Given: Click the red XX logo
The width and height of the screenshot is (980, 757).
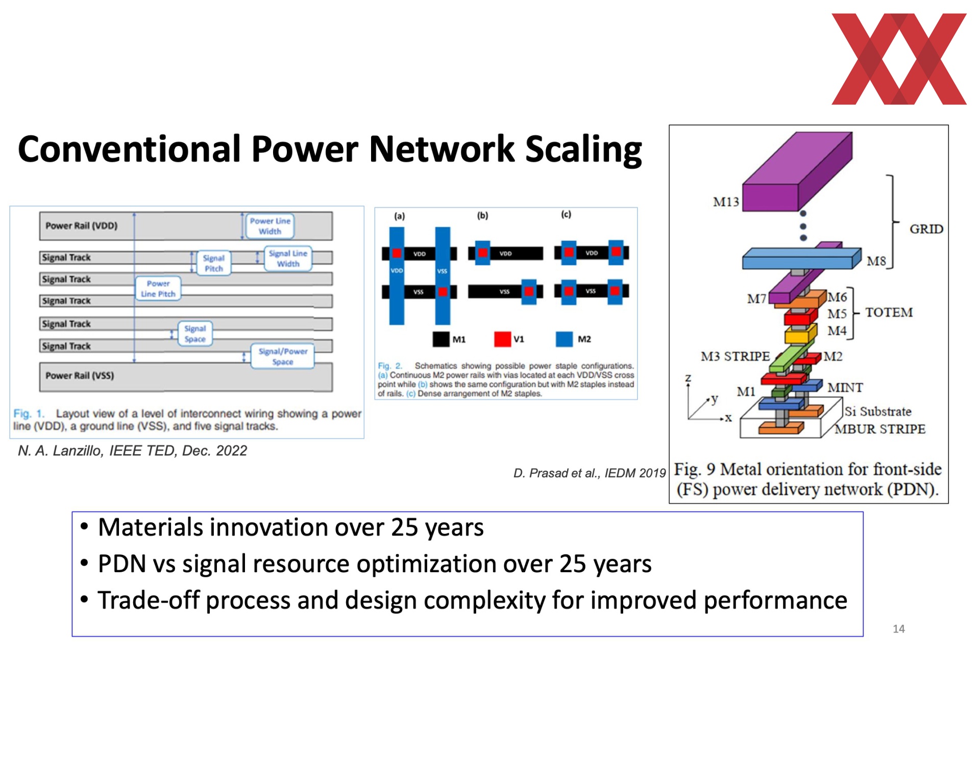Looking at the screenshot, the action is (x=899, y=59).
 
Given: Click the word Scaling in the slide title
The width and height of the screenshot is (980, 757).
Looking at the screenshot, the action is (x=583, y=150).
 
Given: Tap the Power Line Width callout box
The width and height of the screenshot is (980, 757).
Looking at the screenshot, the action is (x=269, y=226).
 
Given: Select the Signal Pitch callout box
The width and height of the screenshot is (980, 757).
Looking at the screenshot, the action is (x=213, y=263).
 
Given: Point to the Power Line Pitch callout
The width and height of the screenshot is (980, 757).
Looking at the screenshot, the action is (x=158, y=288).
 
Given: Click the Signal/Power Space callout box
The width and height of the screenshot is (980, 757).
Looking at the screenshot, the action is (x=282, y=356).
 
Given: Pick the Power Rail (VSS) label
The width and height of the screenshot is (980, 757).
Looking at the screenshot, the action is (x=80, y=376).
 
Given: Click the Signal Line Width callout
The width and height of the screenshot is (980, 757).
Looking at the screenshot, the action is (x=288, y=258).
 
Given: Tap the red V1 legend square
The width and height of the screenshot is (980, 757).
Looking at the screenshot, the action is (x=502, y=339).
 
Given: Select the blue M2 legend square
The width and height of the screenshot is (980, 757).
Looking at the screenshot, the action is (x=564, y=339).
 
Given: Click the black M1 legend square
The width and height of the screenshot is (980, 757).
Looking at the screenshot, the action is (x=441, y=339).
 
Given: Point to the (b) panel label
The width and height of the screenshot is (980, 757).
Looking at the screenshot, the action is (x=482, y=215).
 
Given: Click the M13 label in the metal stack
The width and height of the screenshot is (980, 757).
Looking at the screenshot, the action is (x=726, y=202).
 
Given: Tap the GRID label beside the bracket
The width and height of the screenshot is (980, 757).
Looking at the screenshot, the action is (x=926, y=229).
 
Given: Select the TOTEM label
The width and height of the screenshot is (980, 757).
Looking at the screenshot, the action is (x=889, y=312).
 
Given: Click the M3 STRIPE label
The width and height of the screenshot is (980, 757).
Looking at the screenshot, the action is (x=735, y=356).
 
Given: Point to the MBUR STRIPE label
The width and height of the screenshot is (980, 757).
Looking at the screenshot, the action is (x=879, y=429).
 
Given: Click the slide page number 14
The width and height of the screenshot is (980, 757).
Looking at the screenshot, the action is (x=899, y=629).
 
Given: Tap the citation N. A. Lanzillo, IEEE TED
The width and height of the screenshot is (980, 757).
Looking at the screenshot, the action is (x=97, y=451).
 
